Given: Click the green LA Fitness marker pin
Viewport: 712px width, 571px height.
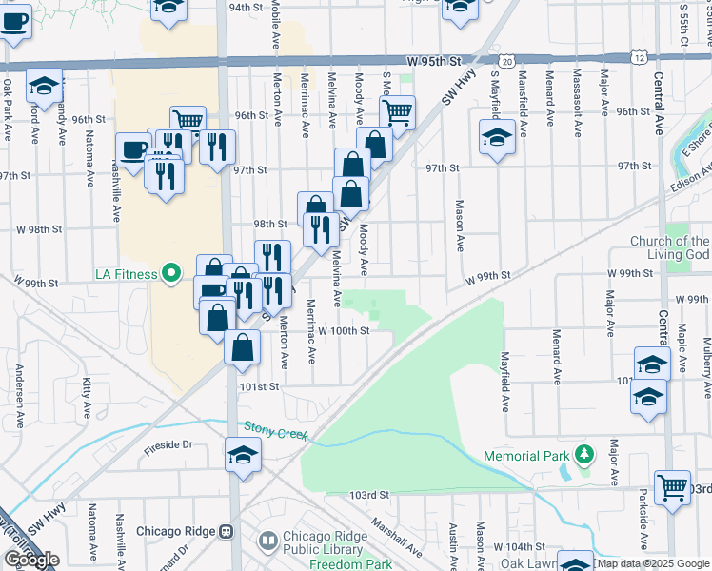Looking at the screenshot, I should (171, 274).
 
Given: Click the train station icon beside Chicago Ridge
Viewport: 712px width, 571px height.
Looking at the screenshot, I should (227, 531).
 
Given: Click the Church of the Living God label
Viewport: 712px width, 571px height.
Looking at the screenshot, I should (674, 247).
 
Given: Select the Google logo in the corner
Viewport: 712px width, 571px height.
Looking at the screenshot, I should (30, 560).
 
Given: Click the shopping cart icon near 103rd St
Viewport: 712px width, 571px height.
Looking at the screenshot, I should (673, 487).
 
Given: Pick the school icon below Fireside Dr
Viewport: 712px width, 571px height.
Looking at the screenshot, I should (243, 455).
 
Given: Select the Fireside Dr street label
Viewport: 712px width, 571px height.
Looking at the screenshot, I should (168, 443).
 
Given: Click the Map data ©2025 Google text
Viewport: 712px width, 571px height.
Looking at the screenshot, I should (652, 563).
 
